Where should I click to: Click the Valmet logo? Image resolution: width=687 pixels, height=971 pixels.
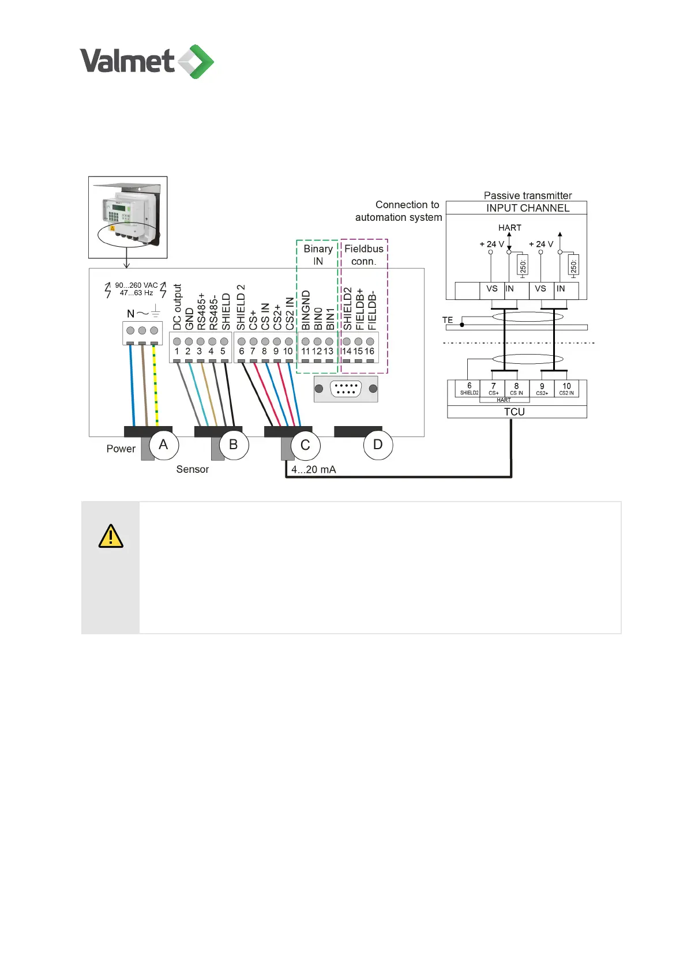coord(147,61)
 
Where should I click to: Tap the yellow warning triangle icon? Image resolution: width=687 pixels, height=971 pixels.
coord(111,536)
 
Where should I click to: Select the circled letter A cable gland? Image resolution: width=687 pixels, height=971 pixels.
coord(164,445)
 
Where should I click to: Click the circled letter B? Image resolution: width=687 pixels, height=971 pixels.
coord(234,445)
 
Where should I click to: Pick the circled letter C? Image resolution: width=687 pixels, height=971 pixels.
coord(305,445)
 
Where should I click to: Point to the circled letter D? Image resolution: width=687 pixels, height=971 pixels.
coord(378,445)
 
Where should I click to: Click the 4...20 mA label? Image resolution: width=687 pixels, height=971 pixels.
coord(313,469)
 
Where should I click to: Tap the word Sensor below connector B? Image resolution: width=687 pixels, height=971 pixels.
coord(193,469)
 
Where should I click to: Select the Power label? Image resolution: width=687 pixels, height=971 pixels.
coord(121,449)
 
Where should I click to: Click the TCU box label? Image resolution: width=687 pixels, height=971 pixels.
coord(514,412)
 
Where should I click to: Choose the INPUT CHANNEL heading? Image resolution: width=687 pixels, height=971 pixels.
coord(527,208)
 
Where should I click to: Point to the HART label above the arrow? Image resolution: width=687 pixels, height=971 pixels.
coord(509,228)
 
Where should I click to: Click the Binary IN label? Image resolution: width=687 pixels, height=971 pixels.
coord(318,255)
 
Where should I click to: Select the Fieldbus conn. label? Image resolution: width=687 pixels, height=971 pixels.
coord(364,255)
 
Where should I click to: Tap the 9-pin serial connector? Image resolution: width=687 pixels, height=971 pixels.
coord(346,389)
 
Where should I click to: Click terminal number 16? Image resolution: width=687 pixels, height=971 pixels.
coord(369,351)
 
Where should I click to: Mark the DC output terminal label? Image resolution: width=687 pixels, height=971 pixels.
coord(177,307)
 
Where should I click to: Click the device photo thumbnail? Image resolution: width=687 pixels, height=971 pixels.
coord(127,217)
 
